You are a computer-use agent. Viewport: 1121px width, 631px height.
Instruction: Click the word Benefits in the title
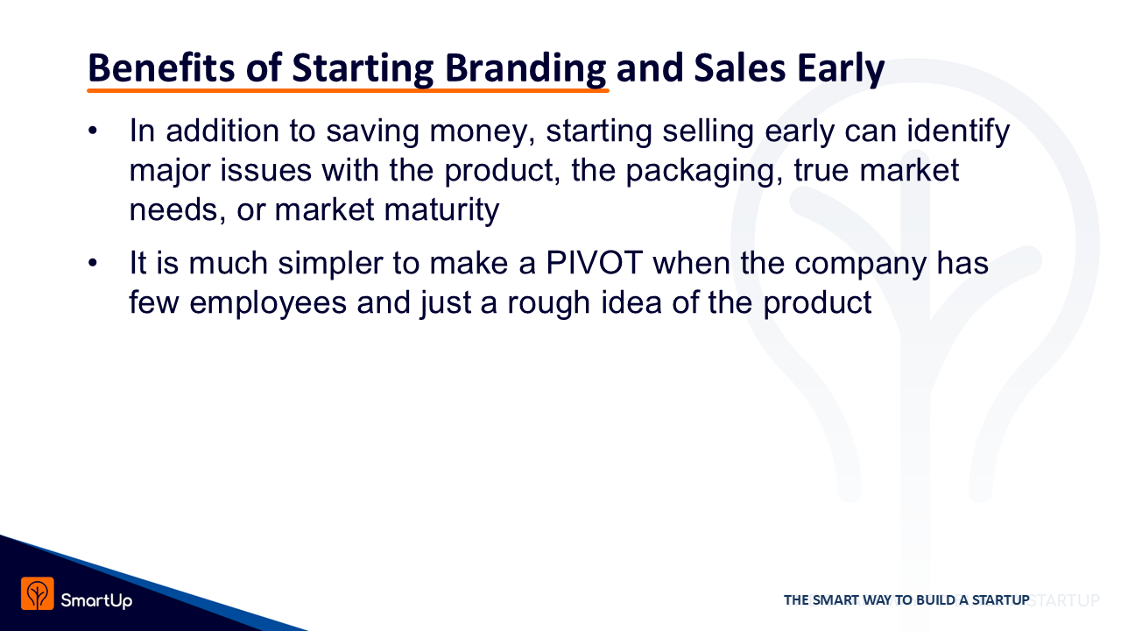pos(161,67)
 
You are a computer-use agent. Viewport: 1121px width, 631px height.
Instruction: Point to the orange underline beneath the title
pos(348,90)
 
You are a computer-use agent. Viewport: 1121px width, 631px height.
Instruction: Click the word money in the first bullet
pos(483,132)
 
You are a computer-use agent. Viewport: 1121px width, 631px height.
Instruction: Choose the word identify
pos(958,131)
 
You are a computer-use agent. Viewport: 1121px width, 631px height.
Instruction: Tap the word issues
pos(265,170)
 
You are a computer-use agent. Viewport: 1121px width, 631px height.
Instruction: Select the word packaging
pos(704,171)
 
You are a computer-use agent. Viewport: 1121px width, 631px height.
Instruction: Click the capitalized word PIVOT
pos(594,262)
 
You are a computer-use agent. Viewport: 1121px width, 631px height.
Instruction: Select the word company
pos(860,265)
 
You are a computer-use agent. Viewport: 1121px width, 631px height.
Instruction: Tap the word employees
pos(268,303)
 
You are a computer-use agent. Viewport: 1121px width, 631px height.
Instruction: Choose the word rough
pos(548,302)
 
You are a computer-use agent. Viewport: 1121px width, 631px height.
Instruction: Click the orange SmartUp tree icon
pos(38,593)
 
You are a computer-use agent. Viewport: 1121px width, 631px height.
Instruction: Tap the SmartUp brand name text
pos(96,600)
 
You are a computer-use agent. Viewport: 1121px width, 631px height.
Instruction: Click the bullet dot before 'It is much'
pos(93,263)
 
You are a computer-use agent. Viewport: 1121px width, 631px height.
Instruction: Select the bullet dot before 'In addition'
pos(93,131)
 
